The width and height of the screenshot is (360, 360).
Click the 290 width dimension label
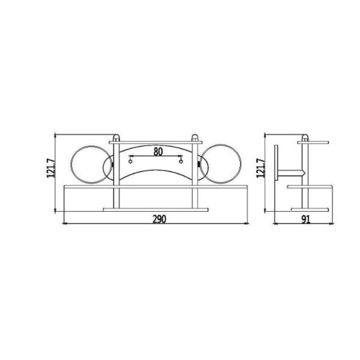click(x=159, y=219)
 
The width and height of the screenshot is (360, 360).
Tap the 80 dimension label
click(x=158, y=152)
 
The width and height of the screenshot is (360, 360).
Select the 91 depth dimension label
click(x=306, y=220)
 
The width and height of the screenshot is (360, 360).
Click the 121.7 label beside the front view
click(x=51, y=168)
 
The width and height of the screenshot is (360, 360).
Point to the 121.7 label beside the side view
click(x=261, y=168)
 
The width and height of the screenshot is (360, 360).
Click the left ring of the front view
click(x=71, y=164)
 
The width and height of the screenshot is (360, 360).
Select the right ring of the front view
click(x=241, y=164)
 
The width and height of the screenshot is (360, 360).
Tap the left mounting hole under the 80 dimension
click(x=130, y=161)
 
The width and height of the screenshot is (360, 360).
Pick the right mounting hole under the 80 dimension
click(x=181, y=161)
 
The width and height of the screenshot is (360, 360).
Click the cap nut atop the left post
click(x=116, y=138)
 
